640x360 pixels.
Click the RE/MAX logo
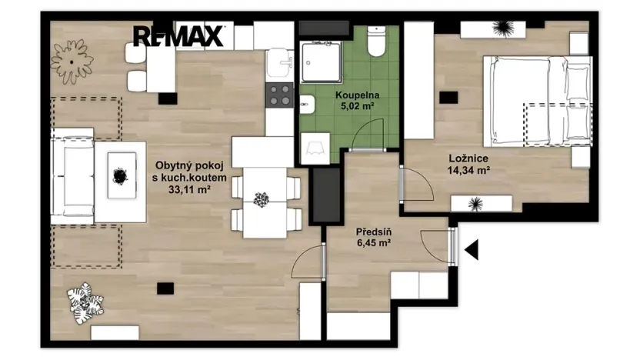(x=178, y=36)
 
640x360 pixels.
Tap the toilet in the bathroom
(x=376, y=42)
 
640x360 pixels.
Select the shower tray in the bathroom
(x=321, y=62)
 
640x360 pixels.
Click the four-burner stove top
(x=279, y=95)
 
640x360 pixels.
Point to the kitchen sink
(x=279, y=63)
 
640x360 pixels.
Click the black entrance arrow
(x=472, y=250)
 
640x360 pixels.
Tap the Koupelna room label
(x=357, y=95)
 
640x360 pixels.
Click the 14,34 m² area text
(x=468, y=170)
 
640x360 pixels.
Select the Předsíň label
(x=374, y=232)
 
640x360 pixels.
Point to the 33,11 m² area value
(x=189, y=189)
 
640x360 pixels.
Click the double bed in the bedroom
(x=538, y=102)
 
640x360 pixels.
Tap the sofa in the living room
(x=72, y=176)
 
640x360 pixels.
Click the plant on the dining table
(x=262, y=199)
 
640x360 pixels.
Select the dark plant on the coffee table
(x=121, y=176)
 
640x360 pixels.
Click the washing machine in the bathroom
(x=315, y=148)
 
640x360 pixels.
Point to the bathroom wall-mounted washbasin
(x=308, y=105)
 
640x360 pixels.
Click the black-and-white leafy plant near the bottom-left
(x=86, y=303)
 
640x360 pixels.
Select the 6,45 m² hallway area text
(x=374, y=243)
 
